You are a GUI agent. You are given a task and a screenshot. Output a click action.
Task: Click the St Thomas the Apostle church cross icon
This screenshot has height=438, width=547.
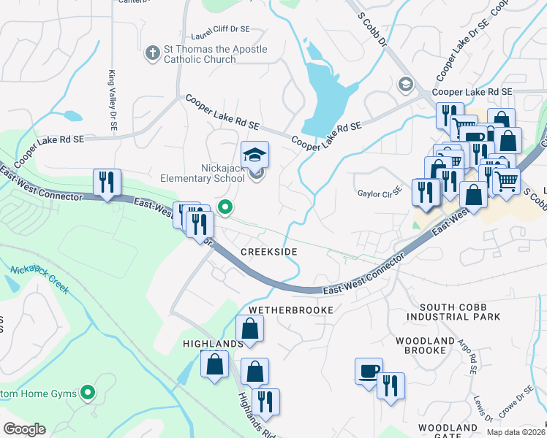pos(152,53)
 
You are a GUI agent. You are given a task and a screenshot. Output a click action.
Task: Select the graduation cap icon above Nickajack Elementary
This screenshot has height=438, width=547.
pos(254,154)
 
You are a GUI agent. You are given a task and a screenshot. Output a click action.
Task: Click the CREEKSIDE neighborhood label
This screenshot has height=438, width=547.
pos(269,251)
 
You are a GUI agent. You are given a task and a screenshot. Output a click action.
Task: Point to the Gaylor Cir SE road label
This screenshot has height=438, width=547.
pos(380,192)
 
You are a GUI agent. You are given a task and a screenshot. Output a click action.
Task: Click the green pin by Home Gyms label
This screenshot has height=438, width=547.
pos(88,394)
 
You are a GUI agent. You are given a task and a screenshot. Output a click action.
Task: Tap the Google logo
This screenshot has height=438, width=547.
pos(25,429)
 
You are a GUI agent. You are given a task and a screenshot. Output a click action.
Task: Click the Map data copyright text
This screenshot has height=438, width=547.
pos(516,432)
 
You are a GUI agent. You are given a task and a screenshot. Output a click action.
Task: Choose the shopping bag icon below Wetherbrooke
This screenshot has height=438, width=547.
pos(249,328)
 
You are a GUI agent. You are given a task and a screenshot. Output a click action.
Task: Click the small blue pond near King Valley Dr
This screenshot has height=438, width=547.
pos(72,115)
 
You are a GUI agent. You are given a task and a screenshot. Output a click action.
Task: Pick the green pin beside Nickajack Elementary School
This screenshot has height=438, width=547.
pos(226,208)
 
